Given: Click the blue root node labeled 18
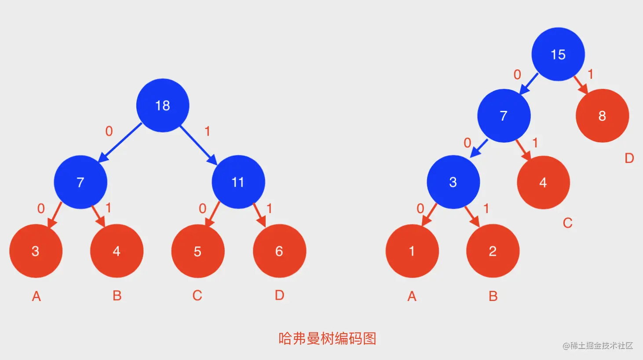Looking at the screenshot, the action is [163, 106].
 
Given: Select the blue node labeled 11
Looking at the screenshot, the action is [238, 182].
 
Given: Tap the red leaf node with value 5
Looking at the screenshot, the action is [197, 251].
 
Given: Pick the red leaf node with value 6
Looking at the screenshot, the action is [279, 251].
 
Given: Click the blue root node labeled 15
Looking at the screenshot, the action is [558, 55].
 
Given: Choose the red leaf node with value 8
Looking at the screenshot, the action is [602, 116].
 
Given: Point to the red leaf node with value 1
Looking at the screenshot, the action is [412, 251].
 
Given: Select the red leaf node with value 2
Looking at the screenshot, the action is [493, 251].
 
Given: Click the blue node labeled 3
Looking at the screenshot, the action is [453, 182].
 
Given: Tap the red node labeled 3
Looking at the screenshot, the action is [36, 251].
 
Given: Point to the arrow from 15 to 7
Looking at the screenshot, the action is [529, 84].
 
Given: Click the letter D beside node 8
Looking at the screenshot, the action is [629, 158].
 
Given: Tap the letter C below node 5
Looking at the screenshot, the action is [197, 295].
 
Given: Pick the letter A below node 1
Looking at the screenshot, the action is [412, 296].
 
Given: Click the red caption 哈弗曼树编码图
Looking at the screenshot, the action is [327, 338].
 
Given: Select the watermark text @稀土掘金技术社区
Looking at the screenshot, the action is [598, 346].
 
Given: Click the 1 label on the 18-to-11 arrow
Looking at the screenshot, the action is [207, 131].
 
